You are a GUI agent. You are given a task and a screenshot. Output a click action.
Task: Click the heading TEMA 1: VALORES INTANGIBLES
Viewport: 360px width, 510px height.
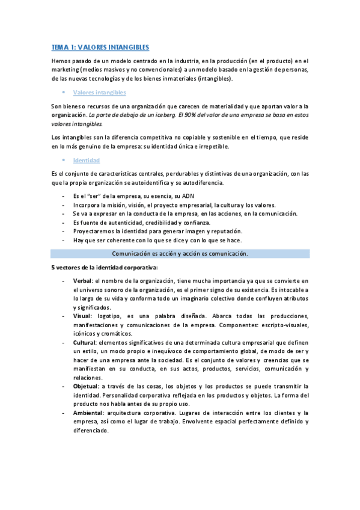pos(100,47)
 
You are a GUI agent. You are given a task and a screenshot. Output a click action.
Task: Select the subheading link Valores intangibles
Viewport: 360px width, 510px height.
pos(99,93)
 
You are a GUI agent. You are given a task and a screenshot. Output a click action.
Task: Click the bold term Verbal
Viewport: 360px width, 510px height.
pos(82,281)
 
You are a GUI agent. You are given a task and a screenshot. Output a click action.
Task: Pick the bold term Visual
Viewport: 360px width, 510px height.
pos(82,316)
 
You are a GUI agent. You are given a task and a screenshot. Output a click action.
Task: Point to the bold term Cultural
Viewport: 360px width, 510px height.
pos(85,342)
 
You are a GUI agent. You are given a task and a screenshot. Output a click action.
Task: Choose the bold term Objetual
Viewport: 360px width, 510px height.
pos(86,386)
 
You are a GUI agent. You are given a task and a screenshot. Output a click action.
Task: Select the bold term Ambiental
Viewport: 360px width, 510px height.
pos(88,413)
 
